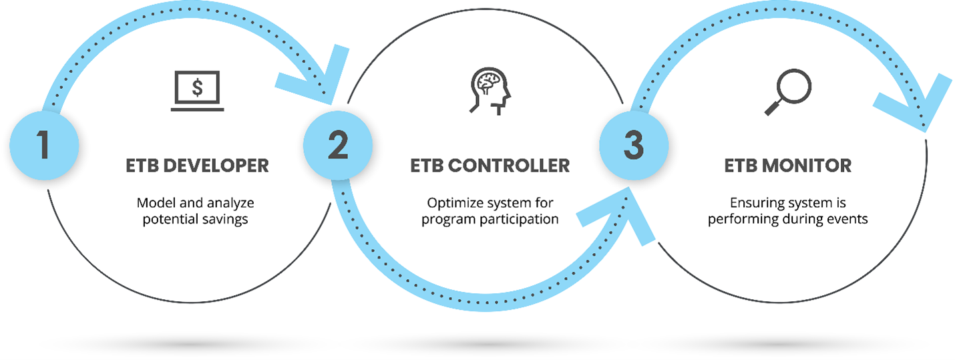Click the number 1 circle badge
(x=44, y=146)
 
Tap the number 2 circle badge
(x=338, y=146)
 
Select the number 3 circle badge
(x=634, y=146)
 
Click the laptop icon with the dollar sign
(x=198, y=91)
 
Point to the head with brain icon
(x=490, y=91)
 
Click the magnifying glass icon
(x=788, y=92)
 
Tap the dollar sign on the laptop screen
(x=198, y=87)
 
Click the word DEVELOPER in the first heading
(x=216, y=166)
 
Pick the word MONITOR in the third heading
(x=807, y=166)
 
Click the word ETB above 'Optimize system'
(x=427, y=166)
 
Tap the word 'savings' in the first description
(x=225, y=220)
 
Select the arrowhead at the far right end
(x=917, y=104)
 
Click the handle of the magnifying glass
(x=773, y=107)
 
